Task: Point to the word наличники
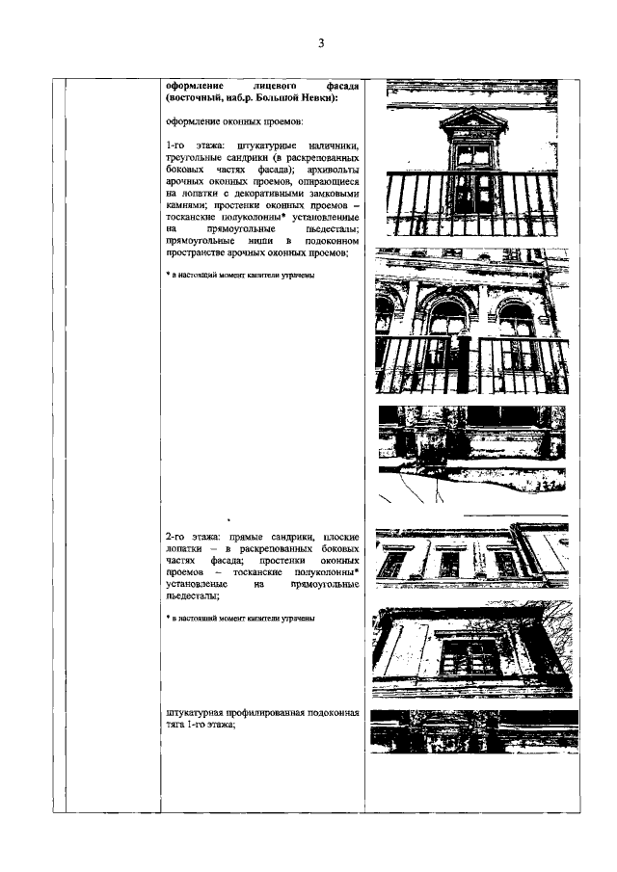tap(330, 145)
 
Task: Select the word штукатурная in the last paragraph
tap(198, 714)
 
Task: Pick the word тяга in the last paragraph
tap(177, 727)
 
